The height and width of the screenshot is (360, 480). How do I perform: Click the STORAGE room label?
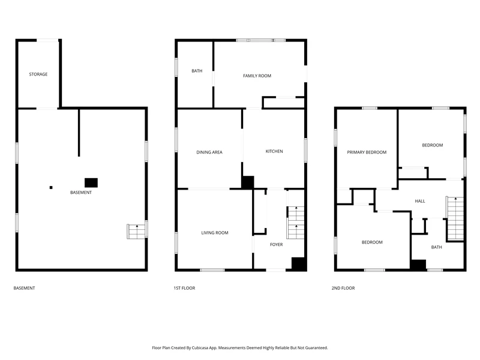38,74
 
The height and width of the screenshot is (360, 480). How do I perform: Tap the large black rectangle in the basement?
91,183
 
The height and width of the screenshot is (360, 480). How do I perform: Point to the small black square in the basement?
51,187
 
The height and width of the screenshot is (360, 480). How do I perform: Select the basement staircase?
136,232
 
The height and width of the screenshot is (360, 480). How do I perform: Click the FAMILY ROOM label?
257,76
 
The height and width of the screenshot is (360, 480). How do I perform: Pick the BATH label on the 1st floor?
197,71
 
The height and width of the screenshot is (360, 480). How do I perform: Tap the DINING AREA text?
209,152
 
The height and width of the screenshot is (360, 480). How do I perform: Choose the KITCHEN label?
274,151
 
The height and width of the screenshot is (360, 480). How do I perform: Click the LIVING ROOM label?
215,233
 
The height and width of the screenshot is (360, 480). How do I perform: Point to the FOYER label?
277,244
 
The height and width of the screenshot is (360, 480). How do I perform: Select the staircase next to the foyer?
295,223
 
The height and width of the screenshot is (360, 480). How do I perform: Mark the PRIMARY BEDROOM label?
367,152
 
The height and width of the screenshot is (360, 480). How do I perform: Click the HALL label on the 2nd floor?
420,201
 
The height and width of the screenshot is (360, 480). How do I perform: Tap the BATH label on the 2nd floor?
437,247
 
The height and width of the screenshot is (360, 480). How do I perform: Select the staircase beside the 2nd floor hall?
455,218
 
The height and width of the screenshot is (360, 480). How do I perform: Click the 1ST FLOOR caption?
184,288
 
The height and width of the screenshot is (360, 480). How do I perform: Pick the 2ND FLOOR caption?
343,288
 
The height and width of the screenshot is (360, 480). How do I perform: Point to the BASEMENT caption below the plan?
24,288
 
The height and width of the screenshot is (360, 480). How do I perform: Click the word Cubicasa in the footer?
201,348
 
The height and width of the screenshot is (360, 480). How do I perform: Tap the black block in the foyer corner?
299,264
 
